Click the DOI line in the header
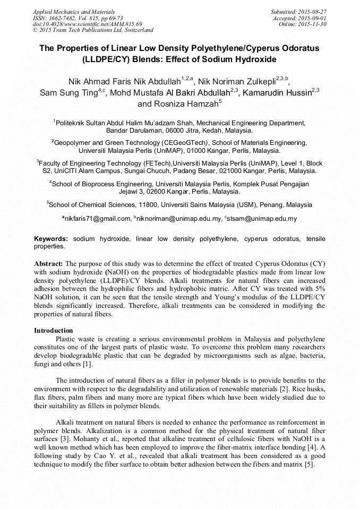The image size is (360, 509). click(x=87, y=24)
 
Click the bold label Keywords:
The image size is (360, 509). click(x=51, y=239)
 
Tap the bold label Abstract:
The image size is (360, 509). click(x=48, y=264)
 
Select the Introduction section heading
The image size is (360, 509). click(x=54, y=330)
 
